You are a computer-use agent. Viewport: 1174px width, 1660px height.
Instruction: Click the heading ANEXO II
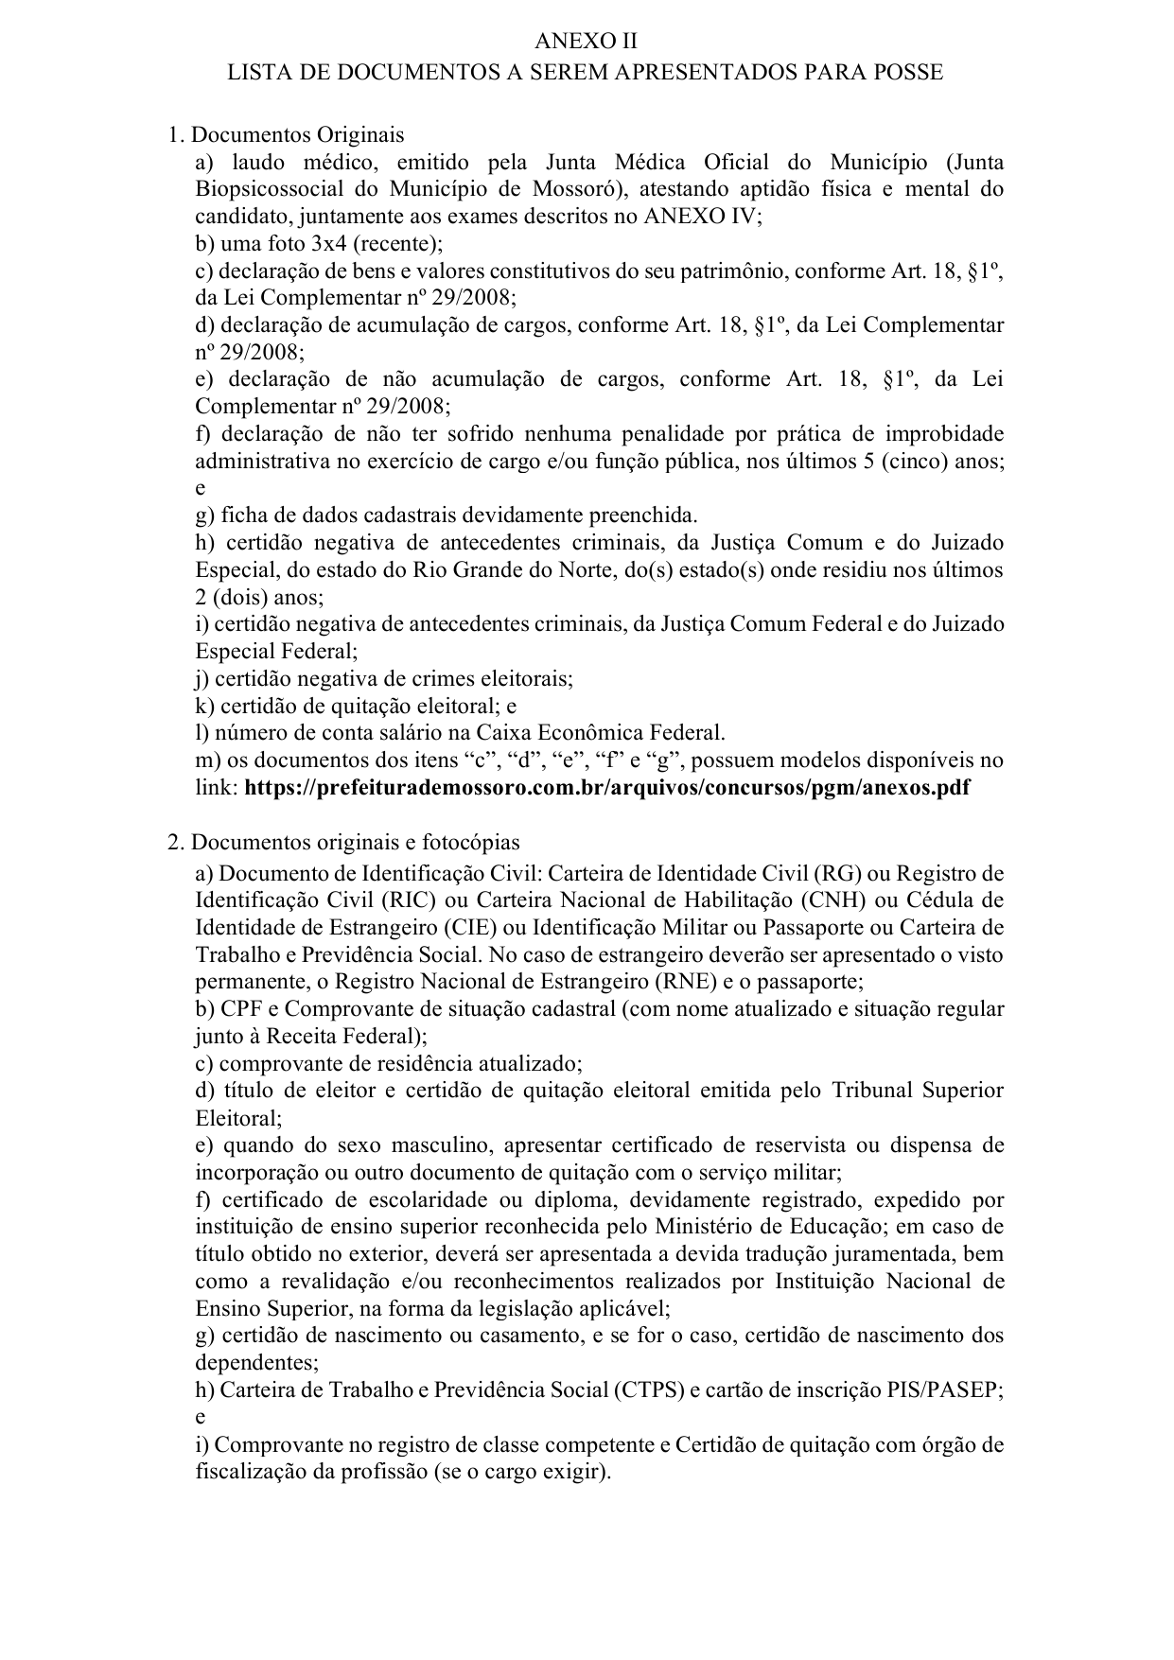[587, 42]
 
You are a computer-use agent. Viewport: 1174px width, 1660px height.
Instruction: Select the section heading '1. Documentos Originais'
[286, 134]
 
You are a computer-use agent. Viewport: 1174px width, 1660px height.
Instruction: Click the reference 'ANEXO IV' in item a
[699, 217]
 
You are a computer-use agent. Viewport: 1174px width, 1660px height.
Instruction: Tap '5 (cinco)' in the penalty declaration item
[921, 462]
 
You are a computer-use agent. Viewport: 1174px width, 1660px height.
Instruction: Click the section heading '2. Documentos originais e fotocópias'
[343, 843]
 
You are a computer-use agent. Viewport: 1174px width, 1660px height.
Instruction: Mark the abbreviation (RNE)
[666, 981]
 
